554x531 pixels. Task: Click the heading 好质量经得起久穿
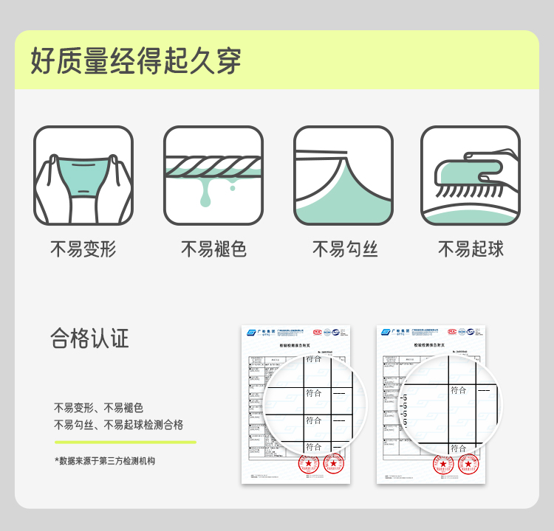[136, 61]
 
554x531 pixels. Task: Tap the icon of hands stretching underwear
[83, 176]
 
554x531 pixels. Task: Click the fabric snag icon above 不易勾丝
[343, 176]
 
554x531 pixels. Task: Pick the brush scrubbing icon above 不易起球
[470, 176]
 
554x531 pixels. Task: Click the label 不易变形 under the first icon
[83, 249]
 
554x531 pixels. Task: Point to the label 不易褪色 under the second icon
[213, 249]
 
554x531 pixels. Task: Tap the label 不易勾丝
[344, 249]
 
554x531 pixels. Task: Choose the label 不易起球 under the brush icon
[471, 249]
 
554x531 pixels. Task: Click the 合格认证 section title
[89, 339]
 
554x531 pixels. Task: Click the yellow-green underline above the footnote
[125, 442]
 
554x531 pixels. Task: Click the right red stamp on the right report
[467, 464]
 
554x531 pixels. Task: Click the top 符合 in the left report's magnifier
[313, 359]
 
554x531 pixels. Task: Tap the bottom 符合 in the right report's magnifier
[458, 448]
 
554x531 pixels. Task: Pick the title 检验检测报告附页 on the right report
[430, 344]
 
